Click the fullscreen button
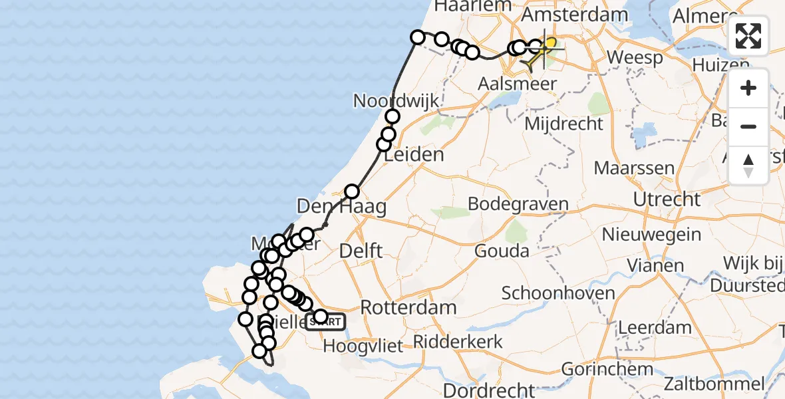click(748, 36)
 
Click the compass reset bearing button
click(748, 166)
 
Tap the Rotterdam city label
click(408, 308)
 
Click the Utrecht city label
click(667, 199)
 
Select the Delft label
click(361, 251)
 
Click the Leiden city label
click(414, 155)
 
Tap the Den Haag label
click(341, 206)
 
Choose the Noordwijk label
click(396, 101)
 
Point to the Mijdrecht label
click(564, 123)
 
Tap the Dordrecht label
click(489, 389)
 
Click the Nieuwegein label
click(651, 234)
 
